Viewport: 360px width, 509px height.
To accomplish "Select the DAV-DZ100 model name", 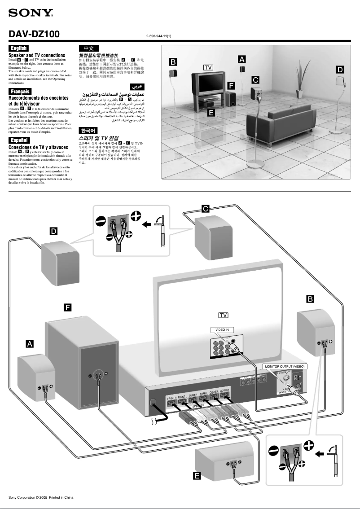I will click(34, 35).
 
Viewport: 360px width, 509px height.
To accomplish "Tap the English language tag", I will click(18, 48).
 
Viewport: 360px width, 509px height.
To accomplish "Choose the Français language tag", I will click(19, 92).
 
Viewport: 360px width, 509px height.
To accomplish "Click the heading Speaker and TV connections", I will click(37, 55).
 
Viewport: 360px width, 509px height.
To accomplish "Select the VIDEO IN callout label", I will click(222, 330).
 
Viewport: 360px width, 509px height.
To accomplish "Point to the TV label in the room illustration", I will click(208, 67).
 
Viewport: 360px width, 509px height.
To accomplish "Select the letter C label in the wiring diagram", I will click(205, 208).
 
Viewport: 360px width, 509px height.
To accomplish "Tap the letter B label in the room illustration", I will click(173, 61).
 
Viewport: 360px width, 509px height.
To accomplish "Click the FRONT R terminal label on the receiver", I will click(172, 398).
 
